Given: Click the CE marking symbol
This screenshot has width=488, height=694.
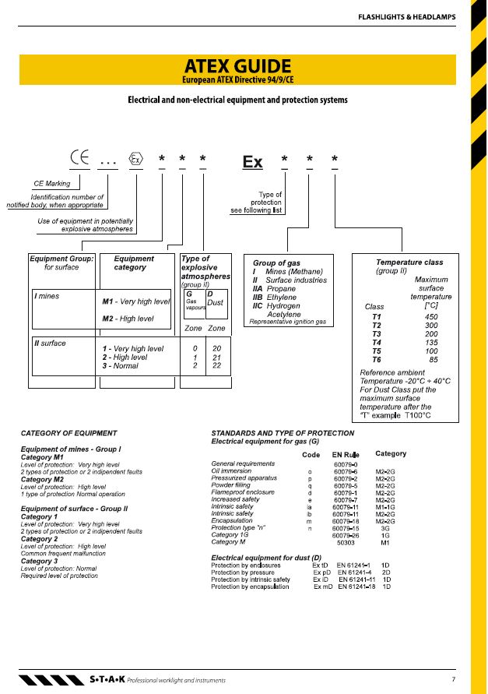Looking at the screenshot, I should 80,157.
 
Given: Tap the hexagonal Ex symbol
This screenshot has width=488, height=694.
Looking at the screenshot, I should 136,159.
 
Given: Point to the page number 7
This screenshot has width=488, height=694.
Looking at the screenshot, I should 454,678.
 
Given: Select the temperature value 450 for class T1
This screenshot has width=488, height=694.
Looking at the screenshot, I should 431,317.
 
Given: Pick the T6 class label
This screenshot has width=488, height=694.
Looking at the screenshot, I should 377,360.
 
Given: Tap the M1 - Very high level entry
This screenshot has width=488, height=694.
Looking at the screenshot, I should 135,301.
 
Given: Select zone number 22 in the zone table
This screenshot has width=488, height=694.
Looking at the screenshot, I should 216,365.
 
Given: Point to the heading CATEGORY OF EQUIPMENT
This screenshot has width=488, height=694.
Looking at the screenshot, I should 68,433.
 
